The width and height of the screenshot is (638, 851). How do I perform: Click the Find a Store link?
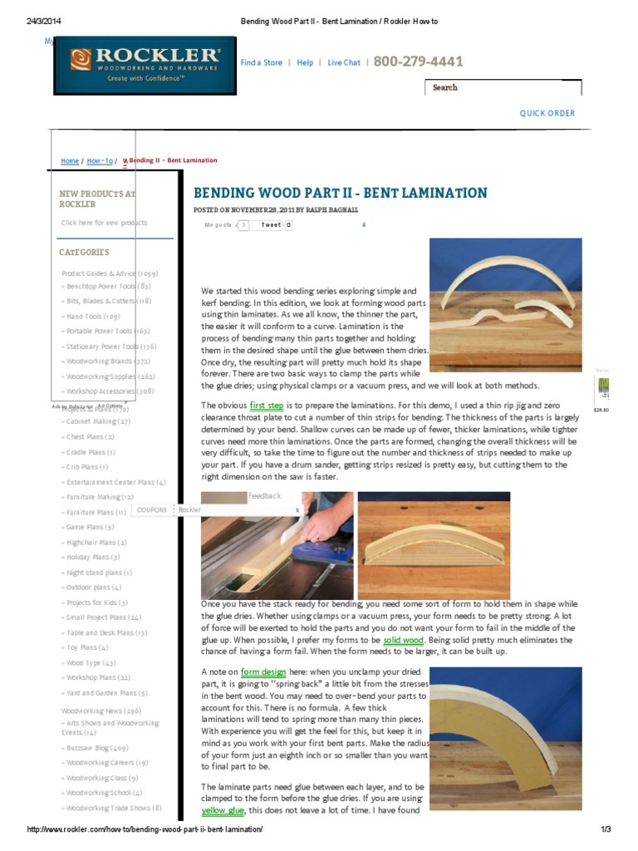click(x=261, y=63)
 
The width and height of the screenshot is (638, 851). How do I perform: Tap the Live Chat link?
click(x=344, y=63)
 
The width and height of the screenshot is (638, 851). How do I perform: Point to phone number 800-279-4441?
click(x=418, y=62)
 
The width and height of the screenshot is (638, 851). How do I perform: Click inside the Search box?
click(x=503, y=87)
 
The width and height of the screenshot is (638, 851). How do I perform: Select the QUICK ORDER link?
click(x=547, y=114)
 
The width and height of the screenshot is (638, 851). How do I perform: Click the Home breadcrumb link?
click(x=70, y=161)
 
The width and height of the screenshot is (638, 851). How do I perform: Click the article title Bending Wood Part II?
click(x=341, y=194)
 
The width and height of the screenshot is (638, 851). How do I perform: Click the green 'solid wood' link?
click(x=404, y=641)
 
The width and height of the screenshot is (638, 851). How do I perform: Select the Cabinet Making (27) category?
click(x=95, y=421)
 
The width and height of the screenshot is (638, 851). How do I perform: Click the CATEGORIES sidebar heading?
click(x=84, y=253)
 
